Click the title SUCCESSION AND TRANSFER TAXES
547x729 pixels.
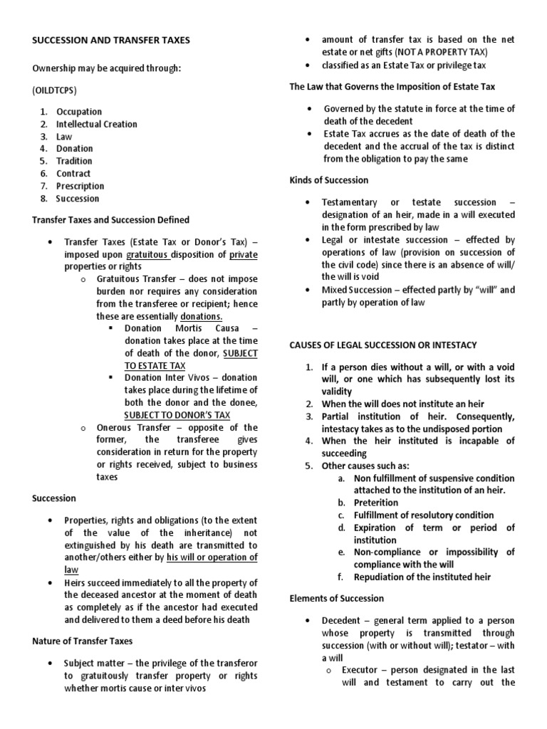(x=111, y=41)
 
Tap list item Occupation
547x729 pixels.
(x=79, y=112)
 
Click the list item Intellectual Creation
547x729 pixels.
(x=97, y=124)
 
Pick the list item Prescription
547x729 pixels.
(x=80, y=186)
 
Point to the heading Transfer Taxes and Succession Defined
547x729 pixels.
(x=110, y=219)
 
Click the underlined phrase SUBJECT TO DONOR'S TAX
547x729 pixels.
(x=177, y=415)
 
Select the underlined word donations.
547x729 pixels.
(x=202, y=315)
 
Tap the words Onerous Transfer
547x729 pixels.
(x=132, y=427)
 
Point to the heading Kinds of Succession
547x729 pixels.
(x=328, y=180)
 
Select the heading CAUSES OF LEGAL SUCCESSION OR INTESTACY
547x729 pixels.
(x=382, y=345)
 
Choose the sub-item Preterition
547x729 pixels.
(x=376, y=503)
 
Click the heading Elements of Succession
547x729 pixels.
(x=336, y=598)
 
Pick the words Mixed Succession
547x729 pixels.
(x=358, y=290)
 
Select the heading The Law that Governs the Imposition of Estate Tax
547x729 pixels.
(x=392, y=86)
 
